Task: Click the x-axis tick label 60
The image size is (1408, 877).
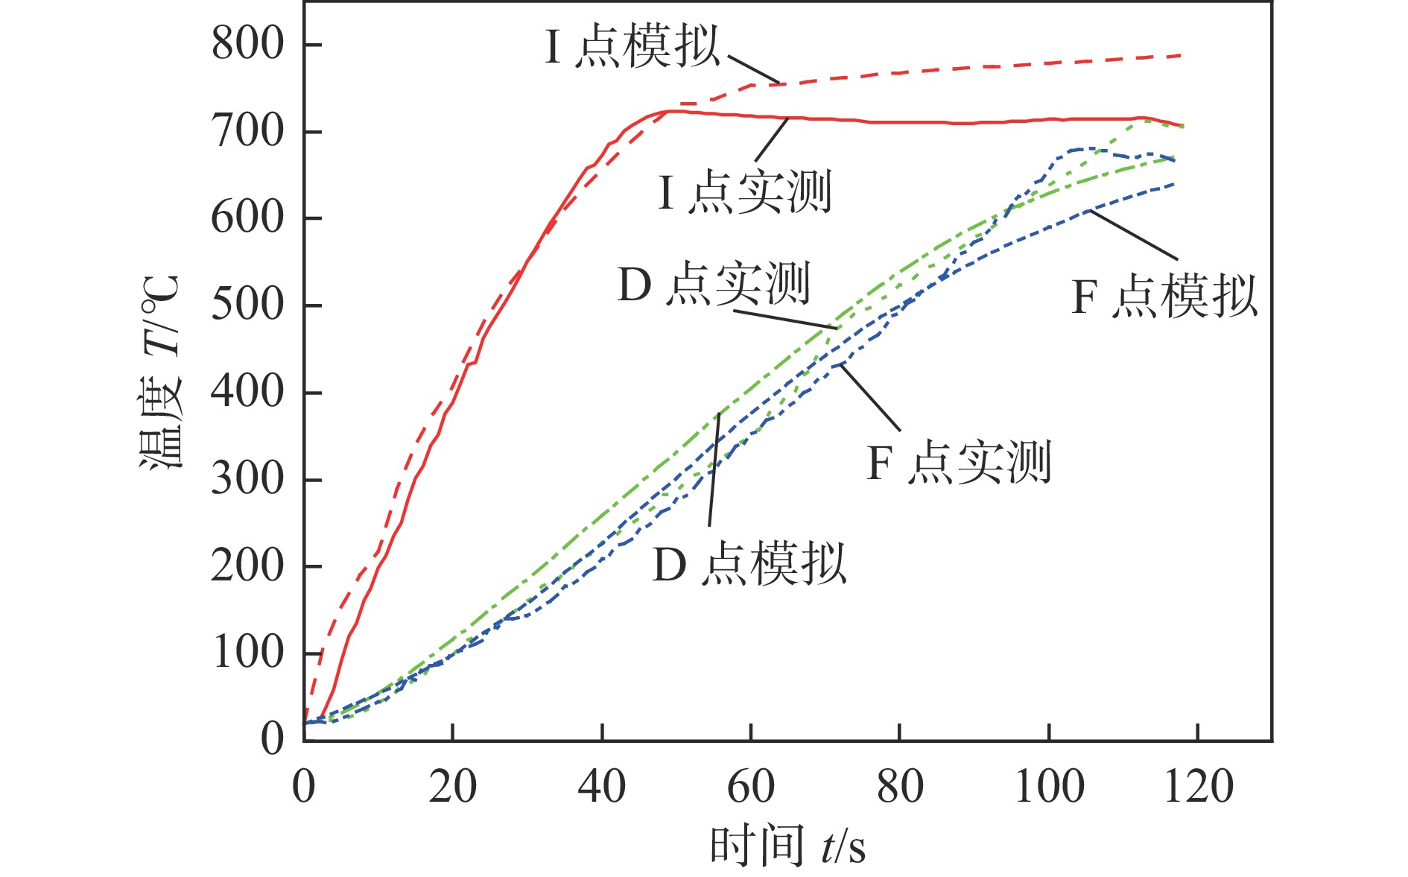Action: pyautogui.click(x=751, y=787)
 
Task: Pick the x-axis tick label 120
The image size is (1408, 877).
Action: pyautogui.click(x=1198, y=787)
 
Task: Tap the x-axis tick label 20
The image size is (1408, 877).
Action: pyautogui.click(x=453, y=787)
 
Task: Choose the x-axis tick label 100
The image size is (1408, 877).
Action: pyautogui.click(x=1049, y=787)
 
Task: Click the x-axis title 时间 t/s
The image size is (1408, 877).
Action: pyautogui.click(x=787, y=846)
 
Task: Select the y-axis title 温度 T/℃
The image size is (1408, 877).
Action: pyautogui.click(x=159, y=373)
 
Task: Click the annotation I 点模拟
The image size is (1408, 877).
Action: pyautogui.click(x=633, y=46)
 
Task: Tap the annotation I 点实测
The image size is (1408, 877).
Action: pyautogui.click(x=745, y=191)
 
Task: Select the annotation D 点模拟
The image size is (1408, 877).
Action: pyautogui.click(x=749, y=564)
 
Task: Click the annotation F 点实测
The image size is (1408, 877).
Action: pyautogui.click(x=960, y=463)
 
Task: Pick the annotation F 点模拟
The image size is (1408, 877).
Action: pyautogui.click(x=1164, y=296)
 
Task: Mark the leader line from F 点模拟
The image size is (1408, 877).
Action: pyautogui.click(x=1134, y=235)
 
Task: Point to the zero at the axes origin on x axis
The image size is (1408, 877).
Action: pyautogui.click(x=304, y=787)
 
